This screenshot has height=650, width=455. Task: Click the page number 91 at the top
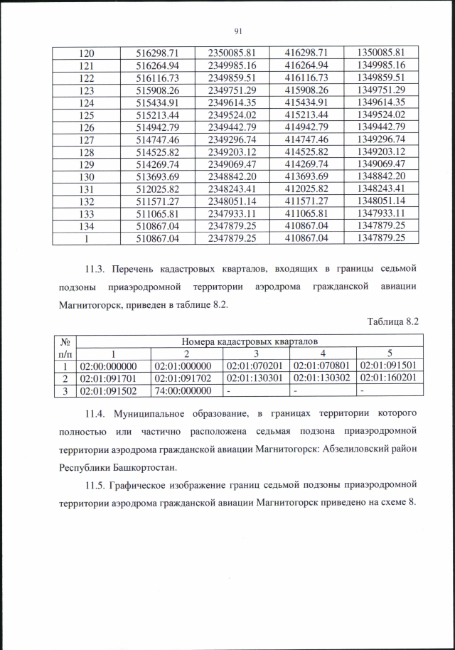coord(237,30)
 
